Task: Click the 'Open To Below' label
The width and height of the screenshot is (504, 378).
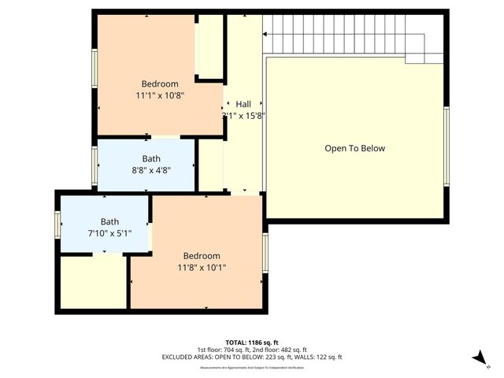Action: pos(355,148)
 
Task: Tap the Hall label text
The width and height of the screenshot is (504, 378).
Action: pos(243,103)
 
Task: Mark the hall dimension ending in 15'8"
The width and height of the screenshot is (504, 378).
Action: pos(243,115)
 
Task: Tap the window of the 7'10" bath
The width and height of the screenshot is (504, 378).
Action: pos(57,224)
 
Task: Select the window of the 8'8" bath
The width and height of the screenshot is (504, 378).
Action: pos(94,165)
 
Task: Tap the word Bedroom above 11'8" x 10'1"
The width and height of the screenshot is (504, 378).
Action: pos(202,256)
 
